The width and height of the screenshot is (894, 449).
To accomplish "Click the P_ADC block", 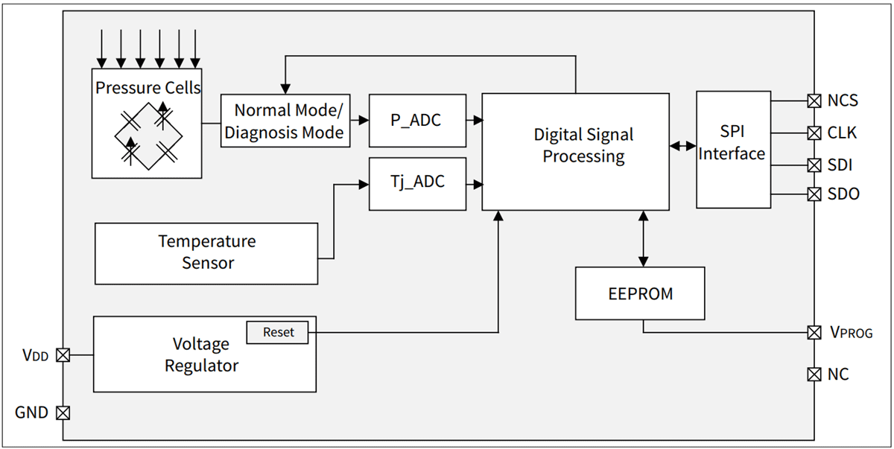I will pyautogui.click(x=417, y=120).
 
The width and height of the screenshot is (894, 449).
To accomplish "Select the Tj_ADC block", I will pyautogui.click(x=417, y=183).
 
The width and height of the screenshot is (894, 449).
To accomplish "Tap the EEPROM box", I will pyautogui.click(x=640, y=293).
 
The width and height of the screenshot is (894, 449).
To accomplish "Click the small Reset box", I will pyautogui.click(x=278, y=333).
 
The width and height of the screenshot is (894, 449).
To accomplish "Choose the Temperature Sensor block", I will pyautogui.click(x=206, y=253).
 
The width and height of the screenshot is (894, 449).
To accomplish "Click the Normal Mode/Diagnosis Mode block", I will pyautogui.click(x=285, y=121).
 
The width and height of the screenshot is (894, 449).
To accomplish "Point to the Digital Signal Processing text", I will pyautogui.click(x=583, y=145).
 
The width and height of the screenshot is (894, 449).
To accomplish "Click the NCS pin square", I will pyautogui.click(x=814, y=101).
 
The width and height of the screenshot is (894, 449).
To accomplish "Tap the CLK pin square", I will pyautogui.click(x=814, y=133).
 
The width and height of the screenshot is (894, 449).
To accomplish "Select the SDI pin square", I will pyautogui.click(x=814, y=165).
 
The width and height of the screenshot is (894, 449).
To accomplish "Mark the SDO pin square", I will pyautogui.click(x=814, y=194).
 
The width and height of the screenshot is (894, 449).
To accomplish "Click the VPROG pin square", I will pyautogui.click(x=814, y=332).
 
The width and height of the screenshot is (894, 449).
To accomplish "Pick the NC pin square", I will pyautogui.click(x=814, y=374).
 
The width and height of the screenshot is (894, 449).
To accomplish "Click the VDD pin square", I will pyautogui.click(x=63, y=355).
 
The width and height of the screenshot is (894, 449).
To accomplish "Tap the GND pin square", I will pyautogui.click(x=63, y=412).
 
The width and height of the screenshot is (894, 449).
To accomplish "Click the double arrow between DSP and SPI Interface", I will pyautogui.click(x=682, y=147).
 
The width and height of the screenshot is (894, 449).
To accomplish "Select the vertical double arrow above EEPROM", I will pyautogui.click(x=643, y=238).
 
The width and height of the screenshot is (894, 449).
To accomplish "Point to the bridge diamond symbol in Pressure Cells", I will pyautogui.click(x=147, y=136).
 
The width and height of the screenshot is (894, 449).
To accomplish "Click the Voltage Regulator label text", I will pyautogui.click(x=201, y=355).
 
